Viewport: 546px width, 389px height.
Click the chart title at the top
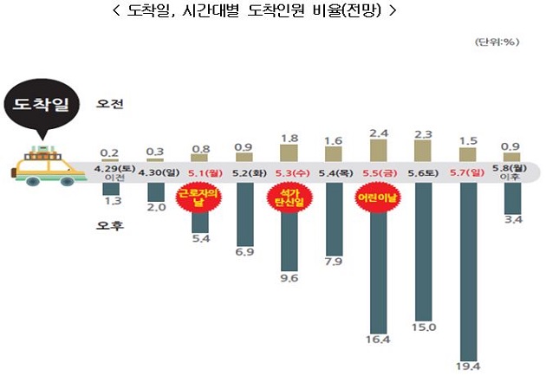coord(274,11)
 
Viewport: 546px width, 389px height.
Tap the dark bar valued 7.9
coord(334,213)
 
